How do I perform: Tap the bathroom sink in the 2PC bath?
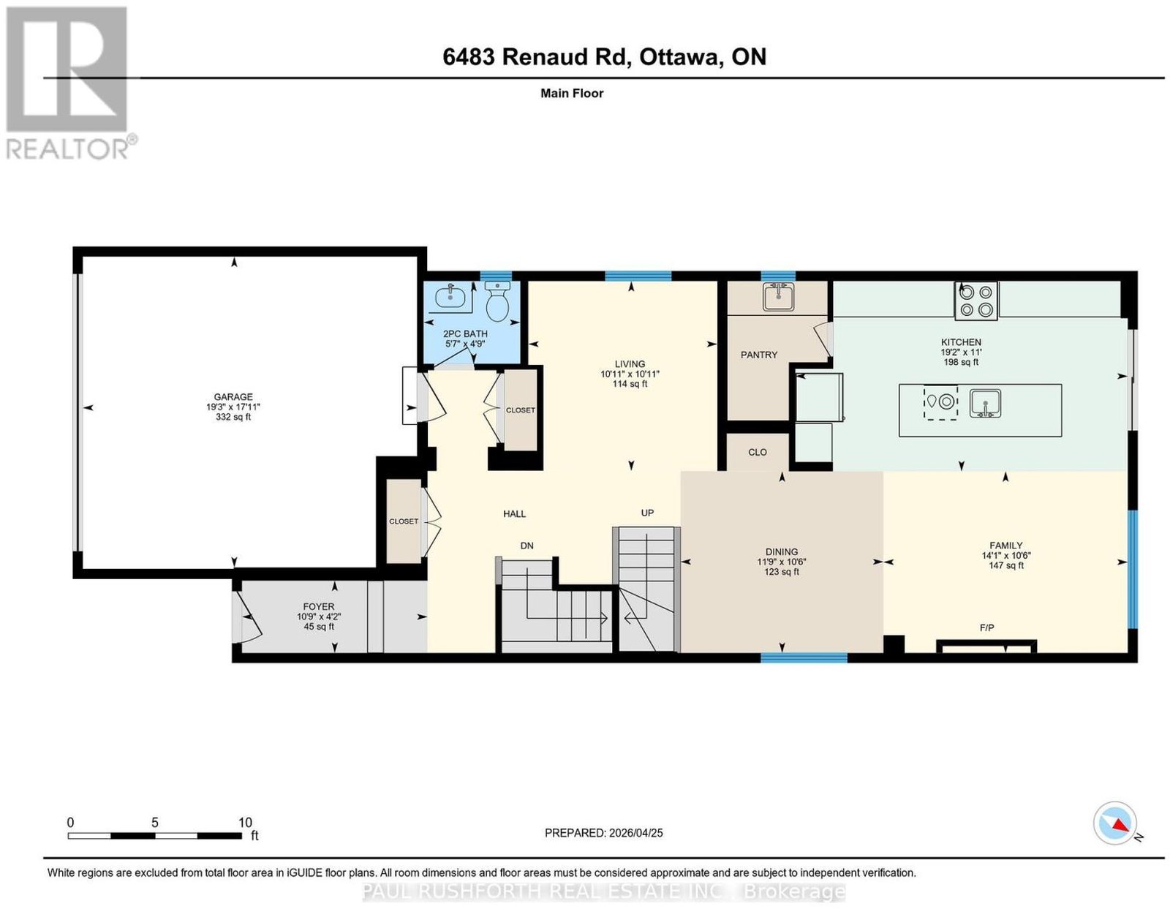[x=450, y=298]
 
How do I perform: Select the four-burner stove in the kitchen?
[x=975, y=301]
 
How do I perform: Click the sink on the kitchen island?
[x=985, y=404]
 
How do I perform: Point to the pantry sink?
[x=777, y=297]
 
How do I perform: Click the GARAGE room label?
[x=233, y=396]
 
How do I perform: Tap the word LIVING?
[x=630, y=363]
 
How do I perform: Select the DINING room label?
[x=781, y=551]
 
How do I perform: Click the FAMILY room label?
[x=1005, y=546]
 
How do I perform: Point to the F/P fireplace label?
[x=986, y=627]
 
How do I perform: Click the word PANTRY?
[x=758, y=355]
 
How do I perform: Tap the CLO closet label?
[x=757, y=452]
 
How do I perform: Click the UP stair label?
[x=647, y=513]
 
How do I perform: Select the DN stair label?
[x=526, y=546]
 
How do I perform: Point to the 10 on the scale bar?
[x=245, y=823]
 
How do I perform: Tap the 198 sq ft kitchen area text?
[x=961, y=362]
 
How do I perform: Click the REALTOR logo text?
[x=68, y=148]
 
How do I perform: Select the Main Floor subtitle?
[x=572, y=93]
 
